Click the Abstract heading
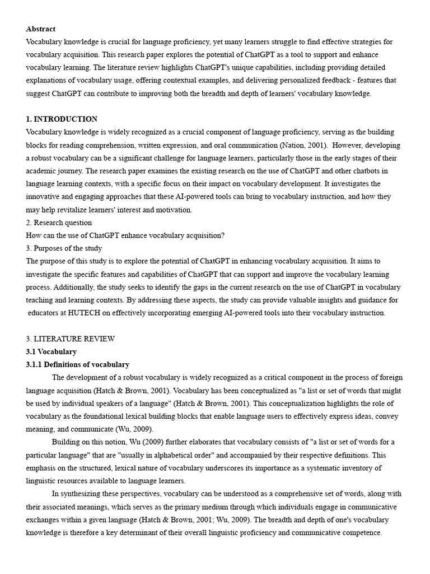point(41,29)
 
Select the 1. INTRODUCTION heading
point(62,119)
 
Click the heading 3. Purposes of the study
point(64,248)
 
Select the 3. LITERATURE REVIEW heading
point(71,339)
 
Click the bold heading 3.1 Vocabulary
point(52,351)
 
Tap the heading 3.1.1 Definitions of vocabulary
point(78,364)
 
